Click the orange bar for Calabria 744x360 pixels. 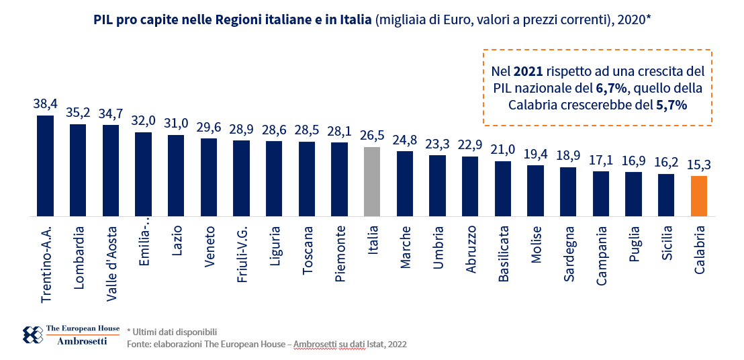pyautogui.click(x=698, y=196)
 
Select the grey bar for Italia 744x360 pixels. pyautogui.click(x=372, y=181)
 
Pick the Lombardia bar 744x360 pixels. pyautogui.click(x=78, y=170)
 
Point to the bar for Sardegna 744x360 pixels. pyautogui.click(x=568, y=191)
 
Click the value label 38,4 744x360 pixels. pyautogui.click(x=45, y=104)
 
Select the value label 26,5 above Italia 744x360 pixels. pyautogui.click(x=372, y=136)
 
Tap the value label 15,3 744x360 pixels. pyautogui.click(x=698, y=165)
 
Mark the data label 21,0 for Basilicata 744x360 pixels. pyautogui.click(x=503, y=150)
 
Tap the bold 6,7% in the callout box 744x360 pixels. pyautogui.click(x=611, y=88)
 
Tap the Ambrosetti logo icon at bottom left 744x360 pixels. pyautogui.click(x=32, y=334)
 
